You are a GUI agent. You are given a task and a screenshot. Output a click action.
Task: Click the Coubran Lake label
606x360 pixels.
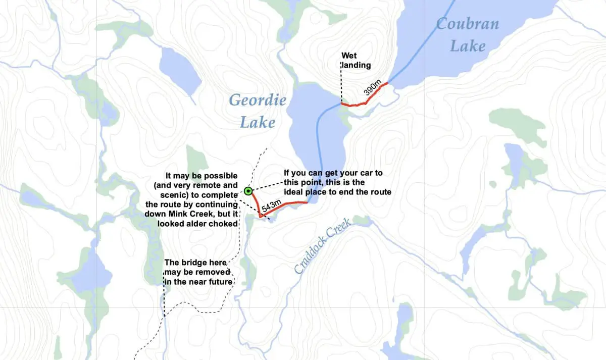click(x=467, y=35)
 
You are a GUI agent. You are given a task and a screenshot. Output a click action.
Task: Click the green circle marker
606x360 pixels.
click(x=248, y=191)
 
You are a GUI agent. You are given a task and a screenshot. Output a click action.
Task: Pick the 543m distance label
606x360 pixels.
click(x=271, y=206)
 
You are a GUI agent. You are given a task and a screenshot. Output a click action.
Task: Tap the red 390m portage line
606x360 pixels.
click(x=365, y=102)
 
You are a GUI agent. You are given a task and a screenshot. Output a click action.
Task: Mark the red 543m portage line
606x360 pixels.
click(x=288, y=204)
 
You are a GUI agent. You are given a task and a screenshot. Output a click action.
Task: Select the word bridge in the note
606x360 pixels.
click(x=198, y=263)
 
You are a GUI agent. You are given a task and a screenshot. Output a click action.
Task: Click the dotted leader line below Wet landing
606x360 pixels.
click(x=341, y=86)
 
